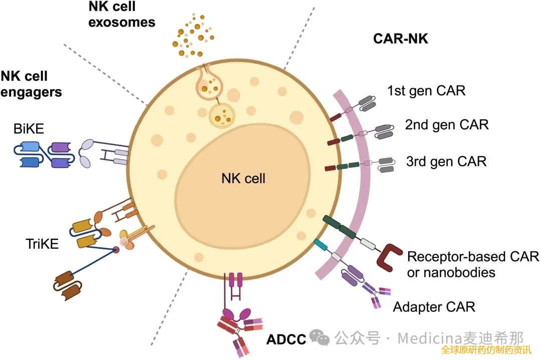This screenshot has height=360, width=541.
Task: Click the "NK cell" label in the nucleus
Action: point(243,178)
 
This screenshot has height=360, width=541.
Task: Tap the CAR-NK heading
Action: point(401,39)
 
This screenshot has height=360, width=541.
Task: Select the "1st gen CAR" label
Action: point(426,91)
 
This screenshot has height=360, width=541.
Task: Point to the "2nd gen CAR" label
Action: point(447,125)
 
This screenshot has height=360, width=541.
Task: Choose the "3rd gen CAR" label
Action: point(446,161)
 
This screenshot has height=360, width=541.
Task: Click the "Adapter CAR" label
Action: point(434,306)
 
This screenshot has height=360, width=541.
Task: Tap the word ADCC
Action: point(287,339)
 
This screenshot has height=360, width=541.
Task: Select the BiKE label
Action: point(29,129)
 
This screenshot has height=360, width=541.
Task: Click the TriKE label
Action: point(42,244)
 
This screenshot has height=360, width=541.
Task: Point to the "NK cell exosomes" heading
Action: point(122,14)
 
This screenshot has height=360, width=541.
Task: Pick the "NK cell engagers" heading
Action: point(31,84)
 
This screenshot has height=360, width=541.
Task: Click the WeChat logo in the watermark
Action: point(320,337)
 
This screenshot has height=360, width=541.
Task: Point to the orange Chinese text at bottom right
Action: point(486,349)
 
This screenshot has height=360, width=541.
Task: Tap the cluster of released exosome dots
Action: point(193,35)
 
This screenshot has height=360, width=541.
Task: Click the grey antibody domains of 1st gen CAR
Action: point(367,103)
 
